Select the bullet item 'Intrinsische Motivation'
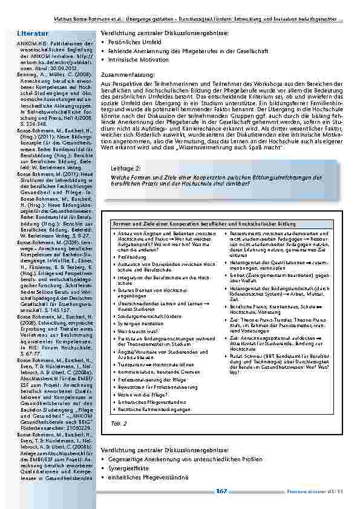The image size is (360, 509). click(x=137, y=60)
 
